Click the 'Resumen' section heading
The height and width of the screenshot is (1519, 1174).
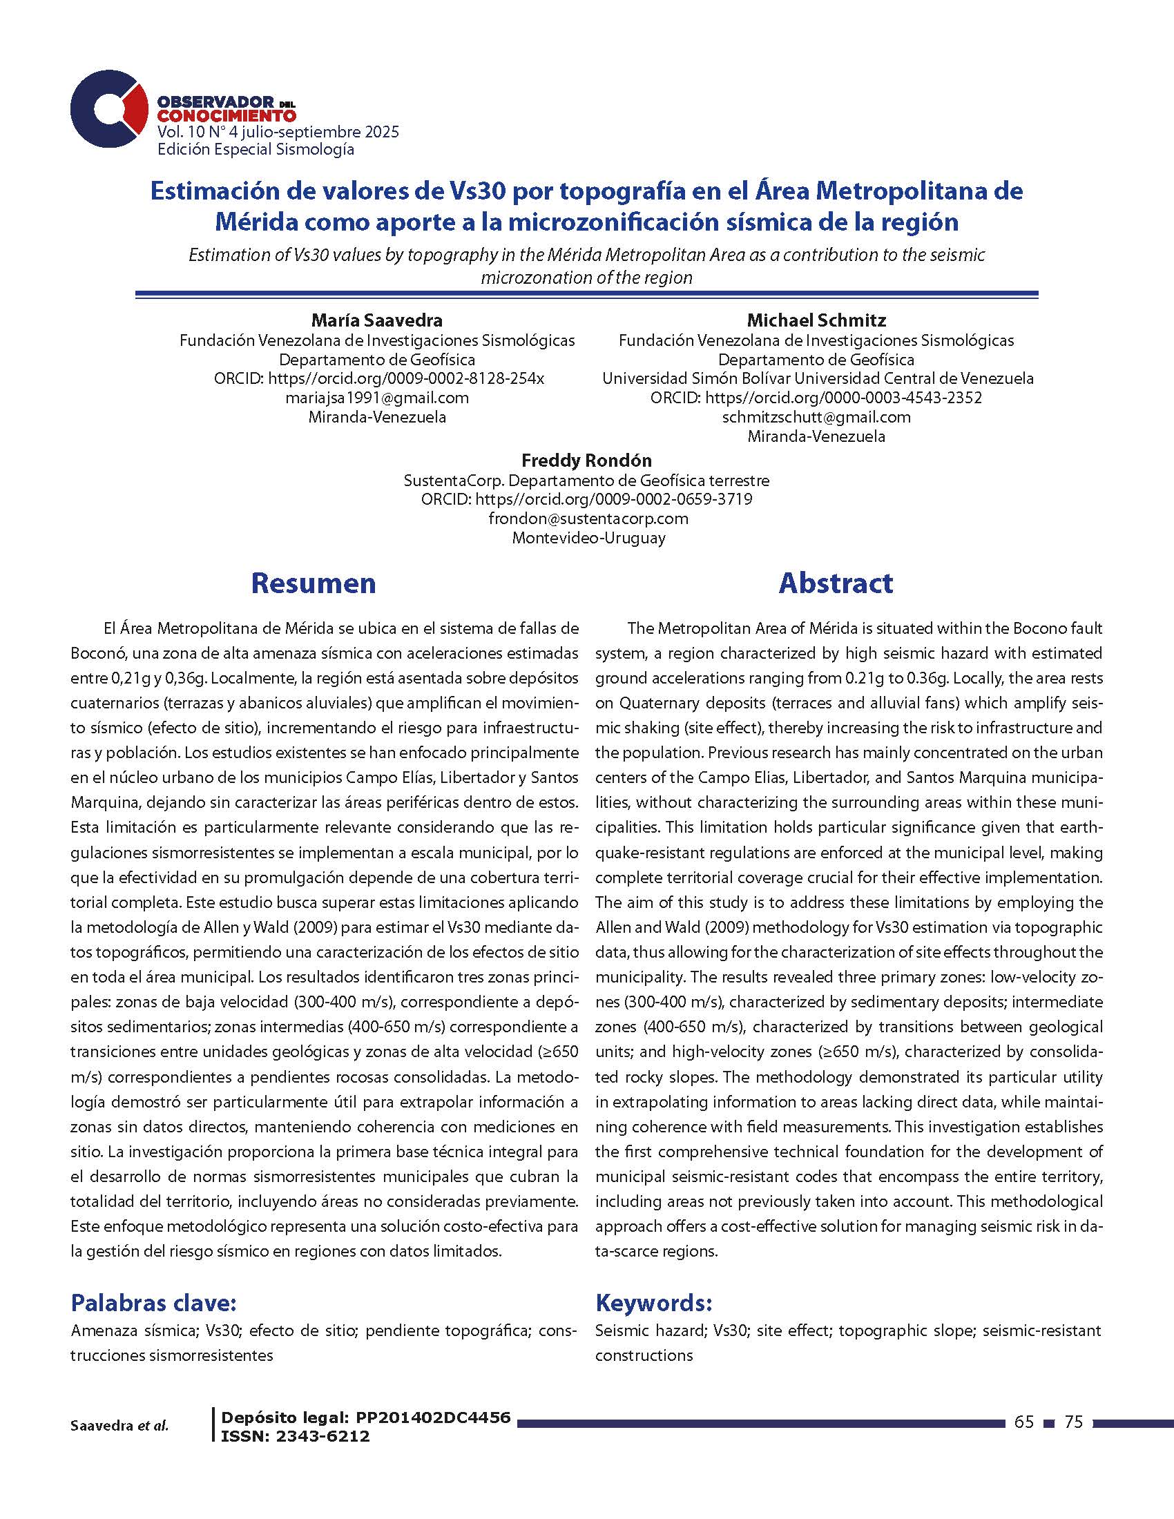click(x=313, y=583)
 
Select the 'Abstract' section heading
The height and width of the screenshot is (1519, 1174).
click(x=836, y=583)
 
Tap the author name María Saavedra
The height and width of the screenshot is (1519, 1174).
click(x=376, y=320)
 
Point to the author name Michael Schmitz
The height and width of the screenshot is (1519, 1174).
click(x=816, y=320)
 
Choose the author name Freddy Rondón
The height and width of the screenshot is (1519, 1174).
click(x=586, y=461)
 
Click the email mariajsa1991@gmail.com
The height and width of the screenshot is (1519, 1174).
click(x=376, y=398)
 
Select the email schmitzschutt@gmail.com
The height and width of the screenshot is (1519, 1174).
click(x=816, y=417)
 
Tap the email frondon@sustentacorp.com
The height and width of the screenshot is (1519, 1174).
click(x=588, y=518)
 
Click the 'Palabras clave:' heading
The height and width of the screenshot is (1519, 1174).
click(x=154, y=1302)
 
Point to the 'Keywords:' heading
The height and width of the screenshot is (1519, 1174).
click(x=654, y=1302)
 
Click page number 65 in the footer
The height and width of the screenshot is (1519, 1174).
click(x=1023, y=1422)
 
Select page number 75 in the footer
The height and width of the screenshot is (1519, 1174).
click(x=1075, y=1422)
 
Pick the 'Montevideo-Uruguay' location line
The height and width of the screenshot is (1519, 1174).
click(x=588, y=538)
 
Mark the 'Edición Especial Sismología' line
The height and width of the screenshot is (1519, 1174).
click(x=256, y=150)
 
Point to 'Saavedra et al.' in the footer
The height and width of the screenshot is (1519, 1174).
click(x=119, y=1426)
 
